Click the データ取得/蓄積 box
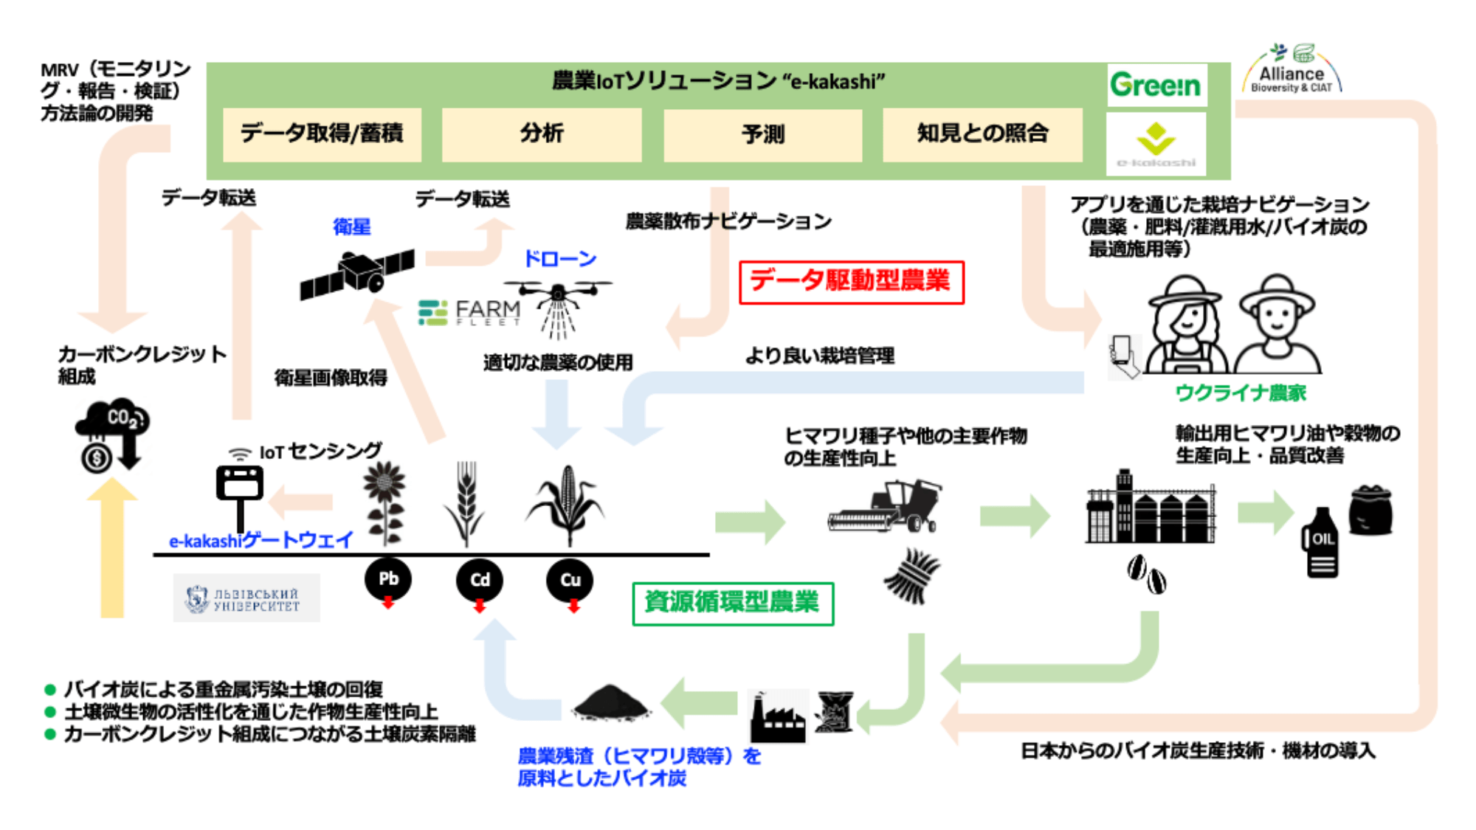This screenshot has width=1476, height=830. tap(322, 134)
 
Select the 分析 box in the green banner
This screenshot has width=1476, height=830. tap(542, 134)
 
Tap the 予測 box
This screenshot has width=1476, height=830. tap(763, 134)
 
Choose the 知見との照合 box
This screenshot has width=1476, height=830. tap(982, 134)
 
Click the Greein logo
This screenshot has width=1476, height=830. tap(1156, 86)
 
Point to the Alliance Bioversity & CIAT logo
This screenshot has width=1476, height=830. tap(1291, 72)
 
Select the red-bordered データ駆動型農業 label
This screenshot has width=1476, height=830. tap(852, 282)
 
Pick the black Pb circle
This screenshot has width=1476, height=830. tap(388, 579)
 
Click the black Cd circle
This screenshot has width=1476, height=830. tap(480, 580)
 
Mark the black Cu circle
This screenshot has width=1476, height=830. tap(570, 580)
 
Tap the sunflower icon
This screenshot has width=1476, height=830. tap(384, 502)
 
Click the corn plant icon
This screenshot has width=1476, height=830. tap(566, 505)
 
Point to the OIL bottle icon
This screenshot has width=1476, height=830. tap(1321, 542)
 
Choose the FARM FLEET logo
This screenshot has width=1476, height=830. tap(469, 312)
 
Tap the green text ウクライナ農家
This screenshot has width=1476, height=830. tap(1240, 392)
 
